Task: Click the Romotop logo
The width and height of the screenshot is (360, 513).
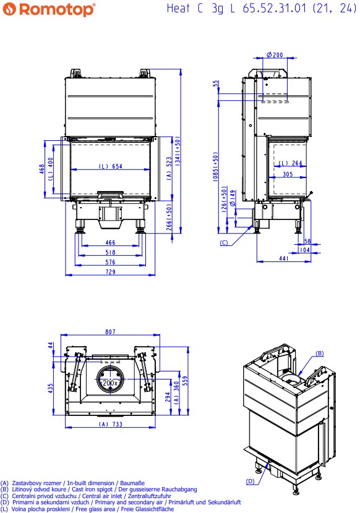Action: point(49,9)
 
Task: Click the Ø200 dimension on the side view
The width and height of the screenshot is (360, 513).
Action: point(275,54)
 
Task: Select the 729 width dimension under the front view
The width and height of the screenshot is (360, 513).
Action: point(110,271)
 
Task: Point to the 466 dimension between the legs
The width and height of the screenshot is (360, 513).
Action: point(110,242)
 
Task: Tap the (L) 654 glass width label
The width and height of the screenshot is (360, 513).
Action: point(110,166)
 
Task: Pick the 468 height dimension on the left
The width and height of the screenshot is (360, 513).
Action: point(42,169)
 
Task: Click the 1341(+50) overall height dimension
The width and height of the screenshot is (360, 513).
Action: point(178,151)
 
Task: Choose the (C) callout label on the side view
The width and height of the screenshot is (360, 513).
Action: point(224,243)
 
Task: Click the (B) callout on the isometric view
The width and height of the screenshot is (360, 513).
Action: point(319,353)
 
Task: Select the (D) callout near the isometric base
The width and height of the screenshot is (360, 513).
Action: point(251,481)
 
